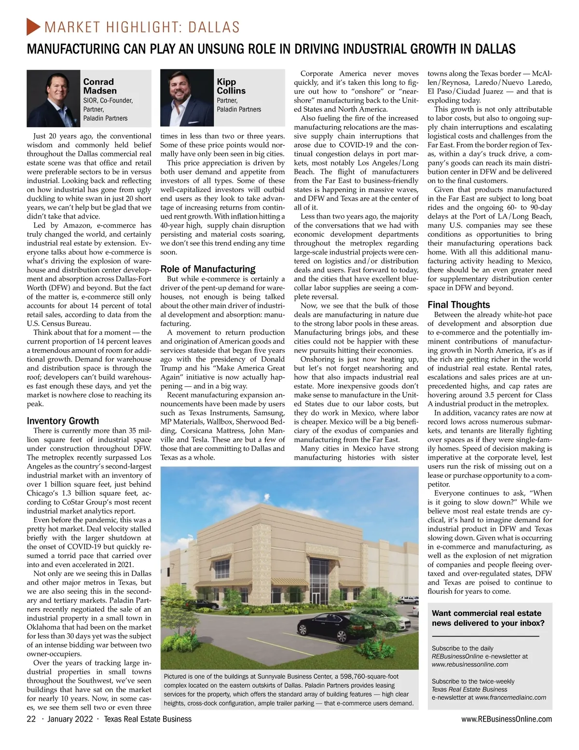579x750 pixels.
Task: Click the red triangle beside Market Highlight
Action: [33, 27]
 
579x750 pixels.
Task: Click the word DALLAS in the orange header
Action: [214, 27]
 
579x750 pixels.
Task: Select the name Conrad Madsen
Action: [100, 86]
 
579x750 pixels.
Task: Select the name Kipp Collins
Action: [231, 86]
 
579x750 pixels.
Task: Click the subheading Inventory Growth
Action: [63, 421]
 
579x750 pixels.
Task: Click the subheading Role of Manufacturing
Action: [208, 269]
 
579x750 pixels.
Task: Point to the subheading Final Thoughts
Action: [458, 305]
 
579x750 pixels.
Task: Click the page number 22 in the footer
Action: [31, 719]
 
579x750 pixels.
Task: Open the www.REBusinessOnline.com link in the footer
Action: [506, 719]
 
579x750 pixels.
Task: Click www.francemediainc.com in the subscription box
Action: [510, 697]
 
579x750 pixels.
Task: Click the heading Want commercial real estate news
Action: [488, 618]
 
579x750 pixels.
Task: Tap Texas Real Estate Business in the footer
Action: [148, 719]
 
